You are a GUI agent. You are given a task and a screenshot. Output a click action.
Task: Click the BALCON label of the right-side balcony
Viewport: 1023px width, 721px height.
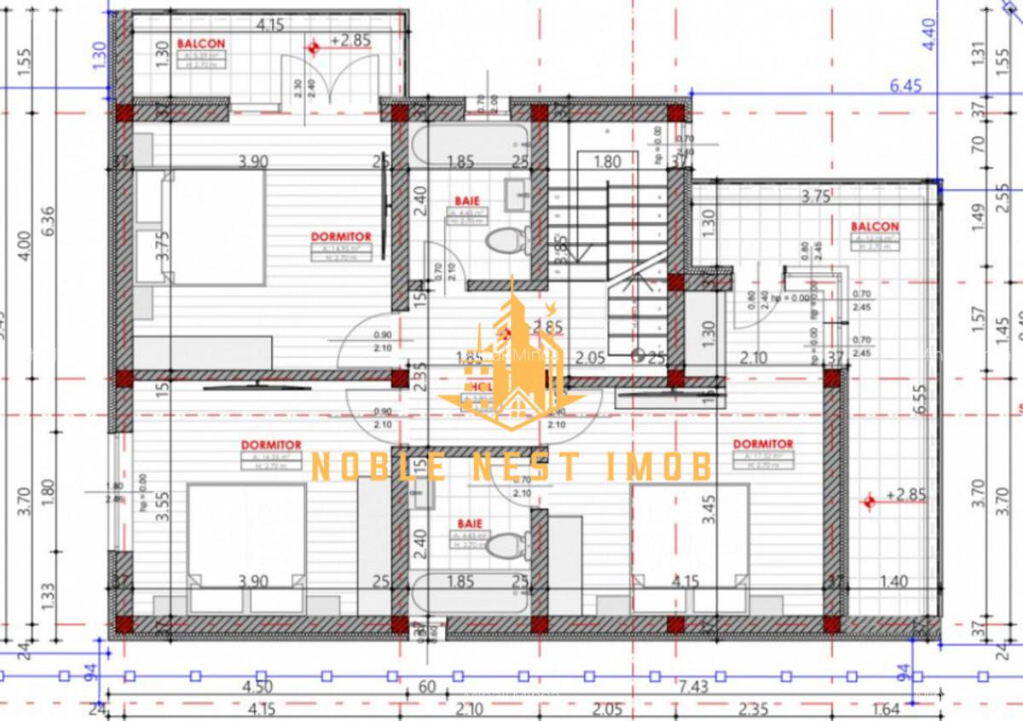click(x=874, y=227)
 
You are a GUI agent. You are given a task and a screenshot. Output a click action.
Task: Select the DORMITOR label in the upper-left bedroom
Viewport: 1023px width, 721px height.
click(x=340, y=236)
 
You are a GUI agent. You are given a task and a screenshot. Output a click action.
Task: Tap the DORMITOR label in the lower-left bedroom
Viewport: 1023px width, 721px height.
click(x=271, y=445)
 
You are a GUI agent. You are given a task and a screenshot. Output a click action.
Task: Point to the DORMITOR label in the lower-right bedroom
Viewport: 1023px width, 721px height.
click(x=763, y=444)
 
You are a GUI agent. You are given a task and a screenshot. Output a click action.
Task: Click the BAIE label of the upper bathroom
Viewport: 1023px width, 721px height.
click(x=468, y=202)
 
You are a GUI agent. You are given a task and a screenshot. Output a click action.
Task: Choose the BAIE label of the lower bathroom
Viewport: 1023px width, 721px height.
click(x=470, y=523)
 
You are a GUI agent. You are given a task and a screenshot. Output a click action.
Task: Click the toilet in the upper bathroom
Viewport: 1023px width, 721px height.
click(x=506, y=240)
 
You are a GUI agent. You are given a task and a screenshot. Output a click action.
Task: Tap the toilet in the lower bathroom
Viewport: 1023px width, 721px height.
click(x=508, y=544)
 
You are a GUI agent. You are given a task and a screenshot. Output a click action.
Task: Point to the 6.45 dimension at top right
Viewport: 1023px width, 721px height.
click(x=906, y=85)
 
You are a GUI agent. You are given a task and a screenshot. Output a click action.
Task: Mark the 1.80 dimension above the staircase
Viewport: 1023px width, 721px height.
click(x=606, y=161)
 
